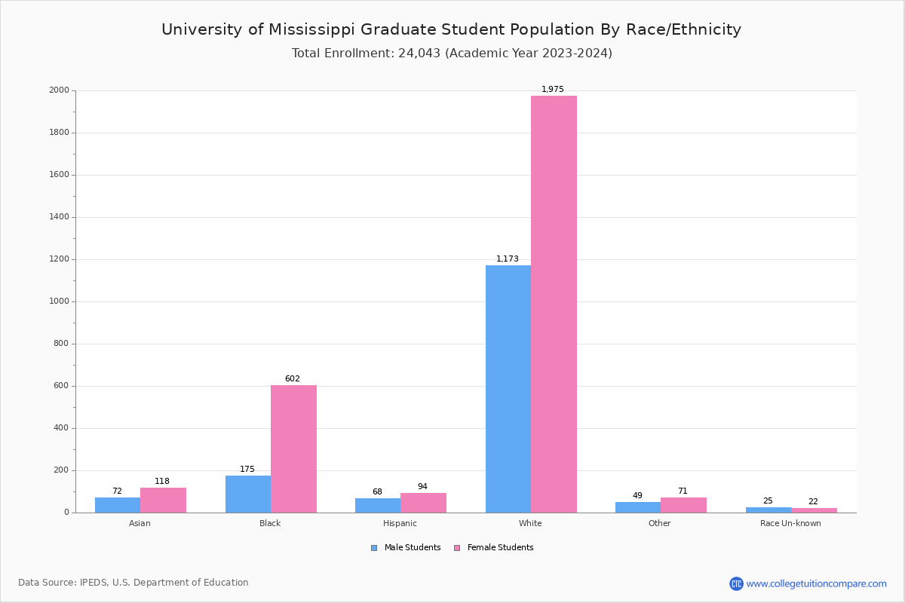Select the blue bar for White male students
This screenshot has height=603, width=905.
[x=508, y=388]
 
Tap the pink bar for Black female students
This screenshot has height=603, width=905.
[x=293, y=448]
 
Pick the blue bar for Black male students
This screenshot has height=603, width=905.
[x=248, y=494]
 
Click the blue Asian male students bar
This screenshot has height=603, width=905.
[x=118, y=505]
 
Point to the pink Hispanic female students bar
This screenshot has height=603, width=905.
[x=423, y=503]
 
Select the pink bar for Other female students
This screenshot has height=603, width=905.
[x=683, y=505]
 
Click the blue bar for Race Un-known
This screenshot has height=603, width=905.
[x=768, y=510]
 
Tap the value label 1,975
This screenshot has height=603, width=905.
[x=553, y=90]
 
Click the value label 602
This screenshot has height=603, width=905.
[x=293, y=379]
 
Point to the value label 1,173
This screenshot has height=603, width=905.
[x=508, y=259]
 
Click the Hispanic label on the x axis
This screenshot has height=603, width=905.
[x=400, y=524]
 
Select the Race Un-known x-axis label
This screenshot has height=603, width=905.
[x=790, y=524]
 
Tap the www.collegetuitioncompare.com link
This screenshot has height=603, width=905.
[x=816, y=583]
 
